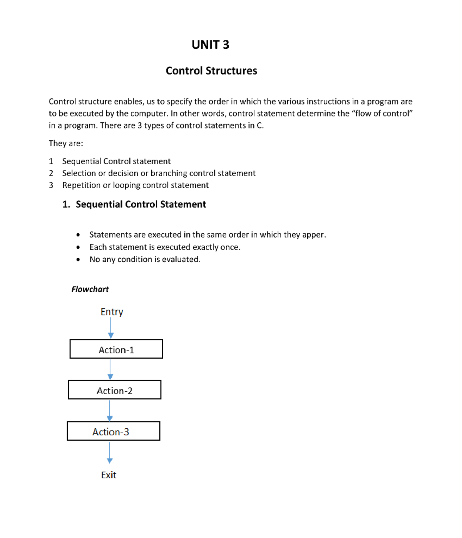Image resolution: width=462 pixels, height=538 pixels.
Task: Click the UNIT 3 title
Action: click(210, 45)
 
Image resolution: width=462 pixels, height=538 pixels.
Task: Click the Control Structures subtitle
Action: click(211, 71)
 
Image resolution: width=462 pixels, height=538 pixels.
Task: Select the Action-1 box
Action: click(116, 349)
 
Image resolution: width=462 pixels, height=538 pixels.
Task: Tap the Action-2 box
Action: click(115, 390)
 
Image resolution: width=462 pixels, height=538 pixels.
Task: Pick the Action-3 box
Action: click(114, 431)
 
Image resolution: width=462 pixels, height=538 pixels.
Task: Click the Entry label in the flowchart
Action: click(112, 312)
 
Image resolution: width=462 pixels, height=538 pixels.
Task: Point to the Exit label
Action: click(109, 475)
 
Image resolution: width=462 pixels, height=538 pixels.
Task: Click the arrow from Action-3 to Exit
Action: click(110, 452)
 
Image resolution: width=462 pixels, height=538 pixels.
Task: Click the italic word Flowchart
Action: click(90, 289)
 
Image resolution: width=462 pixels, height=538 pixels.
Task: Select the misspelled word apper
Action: click(313, 235)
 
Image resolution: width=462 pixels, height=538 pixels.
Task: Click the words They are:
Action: click(66, 144)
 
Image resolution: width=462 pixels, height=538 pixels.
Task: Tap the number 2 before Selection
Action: click(51, 173)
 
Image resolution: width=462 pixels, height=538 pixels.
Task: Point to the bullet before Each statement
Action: click(78, 247)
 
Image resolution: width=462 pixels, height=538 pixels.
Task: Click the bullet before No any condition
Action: click(78, 260)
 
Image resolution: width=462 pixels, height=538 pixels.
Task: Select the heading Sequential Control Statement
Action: click(141, 204)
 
